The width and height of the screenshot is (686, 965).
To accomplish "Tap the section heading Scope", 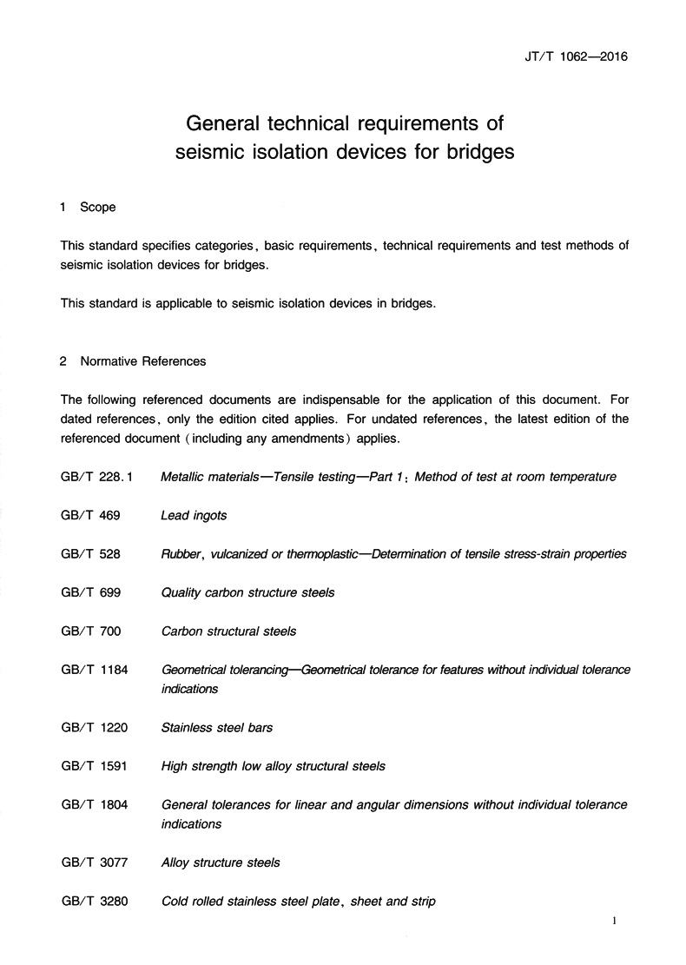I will pyautogui.click(x=97, y=208).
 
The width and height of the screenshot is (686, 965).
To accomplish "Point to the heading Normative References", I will pyautogui.click(x=143, y=361).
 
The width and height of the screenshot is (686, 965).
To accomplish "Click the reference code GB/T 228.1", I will pyautogui.click(x=94, y=477).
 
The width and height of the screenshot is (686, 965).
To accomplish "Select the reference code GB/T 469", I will pyautogui.click(x=90, y=515).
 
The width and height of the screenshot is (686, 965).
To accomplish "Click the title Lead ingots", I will pyautogui.click(x=194, y=515).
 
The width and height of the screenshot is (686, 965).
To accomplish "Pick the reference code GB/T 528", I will pyautogui.click(x=90, y=554).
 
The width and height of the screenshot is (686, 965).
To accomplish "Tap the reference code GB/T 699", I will pyautogui.click(x=90, y=592).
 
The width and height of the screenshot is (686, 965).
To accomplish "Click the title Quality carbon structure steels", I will pyautogui.click(x=247, y=592).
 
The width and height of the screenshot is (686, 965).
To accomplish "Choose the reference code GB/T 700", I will pyautogui.click(x=90, y=631).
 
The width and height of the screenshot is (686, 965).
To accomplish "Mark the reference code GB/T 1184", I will pyautogui.click(x=94, y=670).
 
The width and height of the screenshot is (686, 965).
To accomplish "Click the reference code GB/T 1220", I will pyautogui.click(x=94, y=728).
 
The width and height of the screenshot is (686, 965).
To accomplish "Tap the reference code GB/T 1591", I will pyautogui.click(x=94, y=766).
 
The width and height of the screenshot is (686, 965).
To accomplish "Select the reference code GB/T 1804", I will pyautogui.click(x=94, y=805).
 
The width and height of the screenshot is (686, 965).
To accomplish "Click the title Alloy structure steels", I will pyautogui.click(x=221, y=863).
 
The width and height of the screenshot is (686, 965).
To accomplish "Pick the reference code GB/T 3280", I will pyautogui.click(x=94, y=902).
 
